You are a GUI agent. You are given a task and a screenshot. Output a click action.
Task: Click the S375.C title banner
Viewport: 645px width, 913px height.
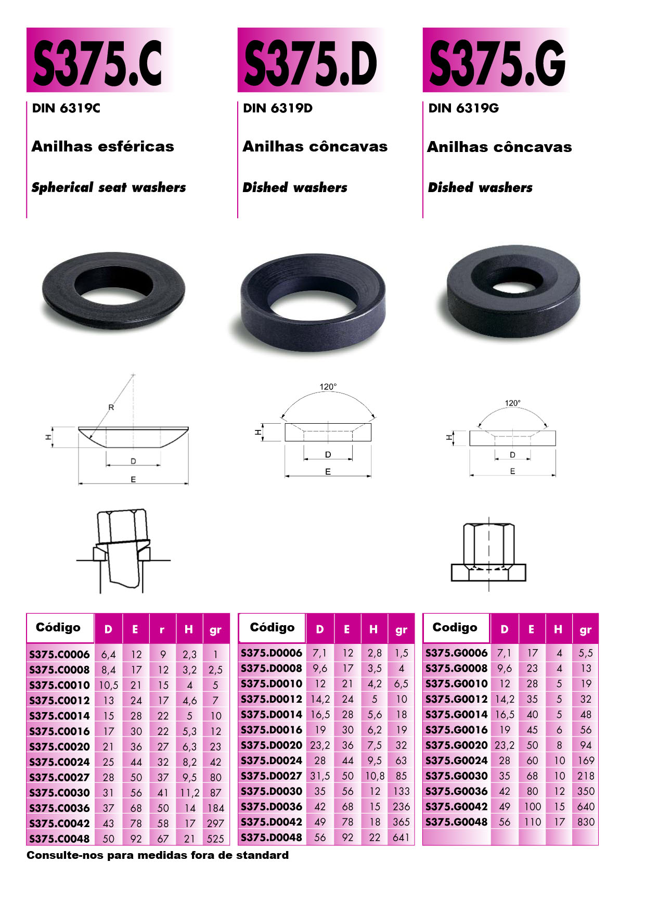point(99,60)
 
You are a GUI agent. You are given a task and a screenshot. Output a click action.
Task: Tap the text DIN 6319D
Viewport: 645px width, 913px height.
point(278,108)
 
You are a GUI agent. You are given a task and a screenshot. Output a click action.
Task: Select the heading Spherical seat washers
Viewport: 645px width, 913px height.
point(109,187)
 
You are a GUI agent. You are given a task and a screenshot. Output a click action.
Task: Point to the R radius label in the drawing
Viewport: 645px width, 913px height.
point(111,408)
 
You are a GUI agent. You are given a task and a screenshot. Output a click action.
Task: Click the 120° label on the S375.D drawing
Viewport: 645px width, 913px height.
point(328,387)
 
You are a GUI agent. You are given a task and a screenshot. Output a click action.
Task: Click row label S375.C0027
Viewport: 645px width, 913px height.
point(59,777)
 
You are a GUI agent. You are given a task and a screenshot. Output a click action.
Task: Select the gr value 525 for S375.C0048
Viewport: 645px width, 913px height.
point(215,839)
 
